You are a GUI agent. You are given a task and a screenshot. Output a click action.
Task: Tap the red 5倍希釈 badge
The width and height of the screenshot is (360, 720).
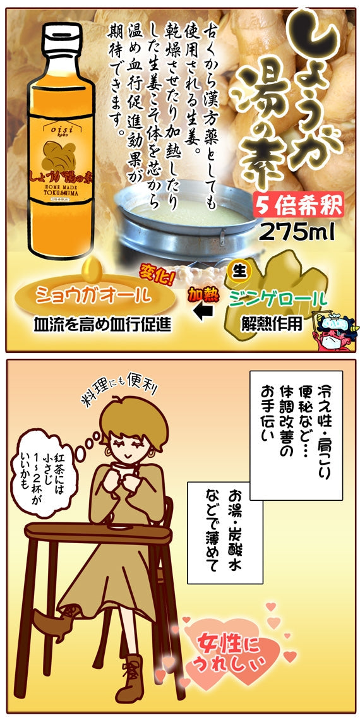[299, 204]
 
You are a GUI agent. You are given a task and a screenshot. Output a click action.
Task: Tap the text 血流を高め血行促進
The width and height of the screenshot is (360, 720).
[102, 325]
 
